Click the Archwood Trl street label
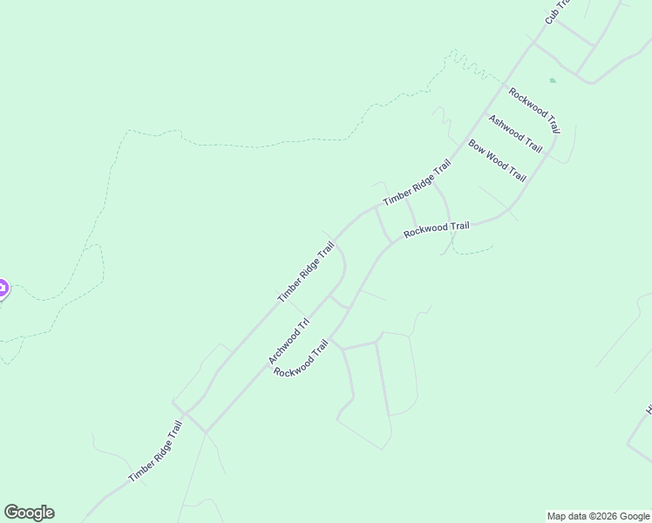click(289, 342)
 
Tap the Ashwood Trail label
click(515, 133)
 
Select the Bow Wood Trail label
click(498, 160)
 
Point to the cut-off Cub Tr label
click(556, 11)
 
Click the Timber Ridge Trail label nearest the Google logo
click(155, 452)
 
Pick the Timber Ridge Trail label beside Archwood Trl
click(306, 272)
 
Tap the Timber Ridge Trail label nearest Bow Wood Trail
click(417, 183)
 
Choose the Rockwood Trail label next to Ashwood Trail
click(534, 111)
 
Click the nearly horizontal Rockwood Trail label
click(436, 229)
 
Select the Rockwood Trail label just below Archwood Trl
click(302, 358)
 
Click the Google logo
click(29, 513)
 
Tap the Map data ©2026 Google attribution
click(599, 516)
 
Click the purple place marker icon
click(2, 288)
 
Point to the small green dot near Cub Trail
click(553, 80)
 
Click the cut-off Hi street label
click(649, 410)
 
